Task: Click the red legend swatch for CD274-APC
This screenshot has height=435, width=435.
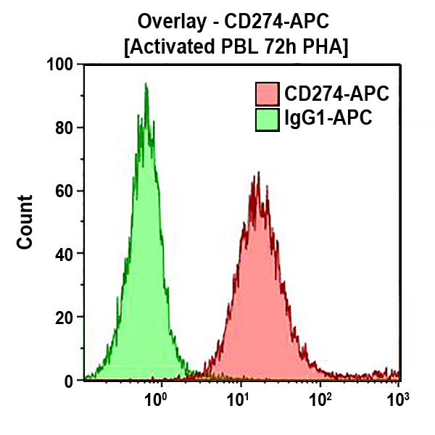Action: click(268, 94)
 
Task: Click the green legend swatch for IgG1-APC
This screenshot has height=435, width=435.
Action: click(268, 118)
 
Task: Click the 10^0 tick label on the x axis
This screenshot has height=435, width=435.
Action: click(156, 398)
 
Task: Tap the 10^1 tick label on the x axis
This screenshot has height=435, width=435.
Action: click(237, 398)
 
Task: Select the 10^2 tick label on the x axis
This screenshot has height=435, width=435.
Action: click(320, 398)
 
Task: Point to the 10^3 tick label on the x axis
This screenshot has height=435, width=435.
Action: click(397, 398)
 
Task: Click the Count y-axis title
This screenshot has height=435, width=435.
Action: click(25, 222)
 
